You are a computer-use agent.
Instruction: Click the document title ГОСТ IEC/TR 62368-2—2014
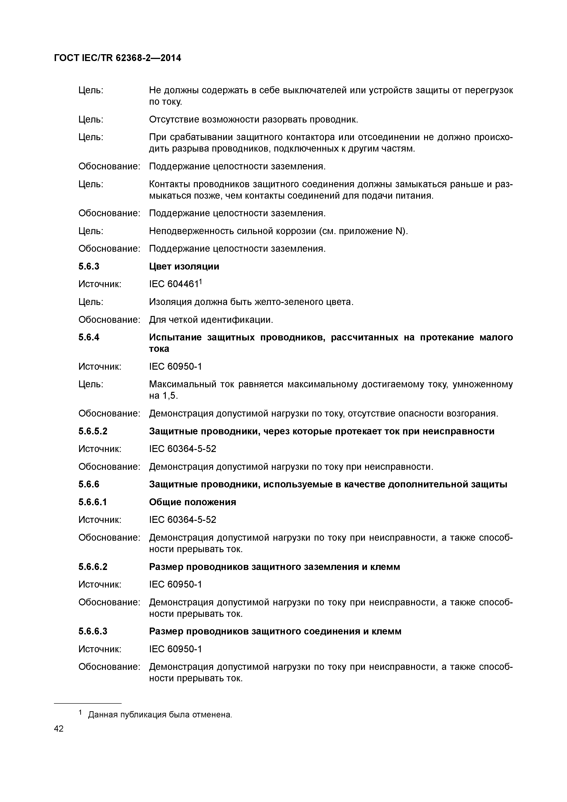click(118, 58)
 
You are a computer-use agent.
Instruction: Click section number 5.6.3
click(89, 267)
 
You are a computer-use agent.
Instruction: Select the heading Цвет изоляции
click(184, 267)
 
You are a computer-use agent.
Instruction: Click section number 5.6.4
click(89, 337)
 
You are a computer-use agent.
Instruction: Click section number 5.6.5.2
click(93, 431)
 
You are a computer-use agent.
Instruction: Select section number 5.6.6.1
click(93, 502)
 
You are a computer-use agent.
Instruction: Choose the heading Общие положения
click(193, 502)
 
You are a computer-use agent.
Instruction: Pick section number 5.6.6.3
click(93, 631)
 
